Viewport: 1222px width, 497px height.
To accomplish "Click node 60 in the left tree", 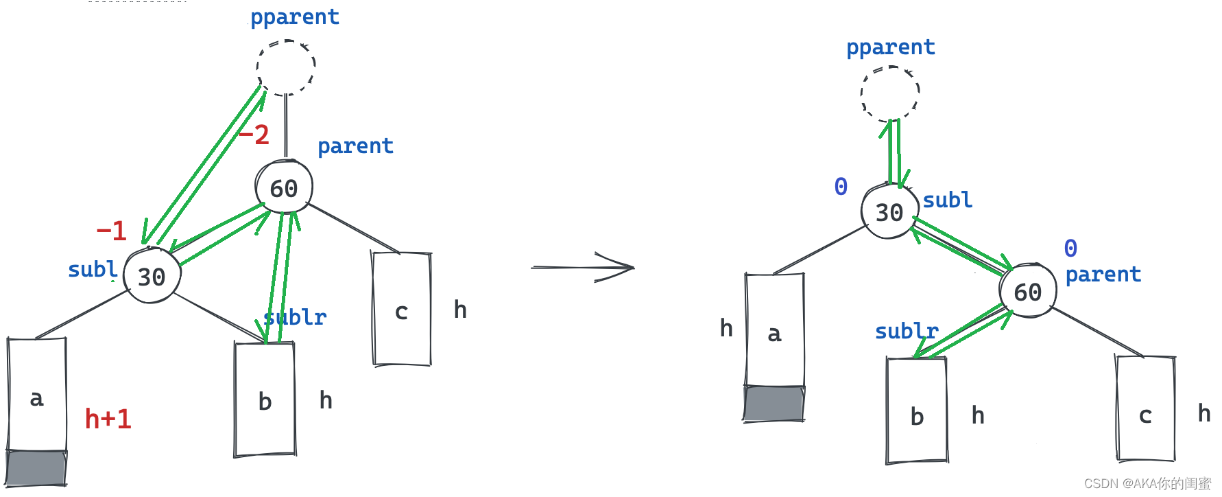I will (x=284, y=187).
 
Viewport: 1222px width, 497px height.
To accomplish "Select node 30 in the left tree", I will (x=152, y=276).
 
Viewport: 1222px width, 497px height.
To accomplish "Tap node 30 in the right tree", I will (x=889, y=212).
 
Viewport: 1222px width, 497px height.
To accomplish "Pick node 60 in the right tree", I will (x=1027, y=292).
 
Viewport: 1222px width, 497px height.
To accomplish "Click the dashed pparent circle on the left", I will (x=286, y=67).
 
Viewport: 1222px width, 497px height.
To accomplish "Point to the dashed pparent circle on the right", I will (x=890, y=93).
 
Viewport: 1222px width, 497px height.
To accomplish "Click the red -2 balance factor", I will (x=254, y=135).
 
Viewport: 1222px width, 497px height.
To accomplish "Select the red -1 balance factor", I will (x=112, y=231).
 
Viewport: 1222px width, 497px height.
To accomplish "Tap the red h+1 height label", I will (x=108, y=419).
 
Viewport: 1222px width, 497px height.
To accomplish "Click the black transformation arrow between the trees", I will (x=583, y=267).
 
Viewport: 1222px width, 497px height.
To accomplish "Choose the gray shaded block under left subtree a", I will (x=36, y=467).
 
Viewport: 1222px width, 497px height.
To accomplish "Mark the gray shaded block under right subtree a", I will (x=774, y=403).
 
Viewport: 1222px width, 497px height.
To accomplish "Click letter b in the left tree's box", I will (x=265, y=401).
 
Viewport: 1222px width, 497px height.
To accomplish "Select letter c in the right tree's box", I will (x=1145, y=415).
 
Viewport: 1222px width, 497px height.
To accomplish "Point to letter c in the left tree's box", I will (x=402, y=312).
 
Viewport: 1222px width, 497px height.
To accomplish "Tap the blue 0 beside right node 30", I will (x=841, y=186).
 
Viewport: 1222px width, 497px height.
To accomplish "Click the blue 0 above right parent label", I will (x=1070, y=248).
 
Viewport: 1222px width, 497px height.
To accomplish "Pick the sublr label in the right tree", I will (x=907, y=331).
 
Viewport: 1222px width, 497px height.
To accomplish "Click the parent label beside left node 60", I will (x=355, y=146).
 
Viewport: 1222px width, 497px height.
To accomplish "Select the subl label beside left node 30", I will (x=93, y=269).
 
